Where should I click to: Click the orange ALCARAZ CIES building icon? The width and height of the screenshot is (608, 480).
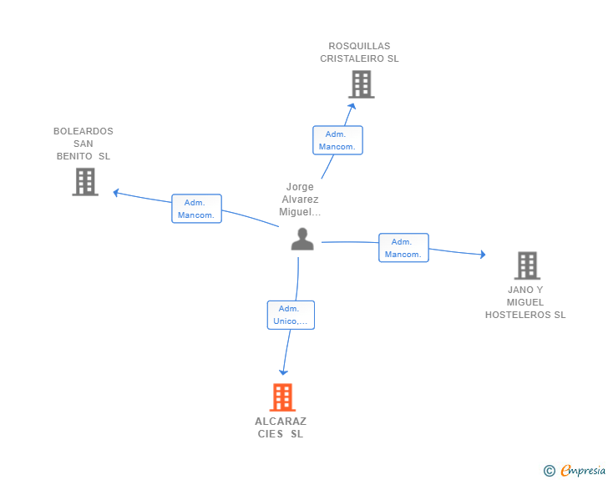[282, 397]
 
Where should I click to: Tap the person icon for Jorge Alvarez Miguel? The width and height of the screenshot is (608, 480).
[302, 239]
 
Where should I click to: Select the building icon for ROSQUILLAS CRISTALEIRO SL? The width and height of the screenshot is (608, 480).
[362, 84]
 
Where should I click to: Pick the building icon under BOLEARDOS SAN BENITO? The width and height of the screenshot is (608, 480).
[85, 182]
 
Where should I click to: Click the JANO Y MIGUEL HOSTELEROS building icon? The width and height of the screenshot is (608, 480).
[527, 265]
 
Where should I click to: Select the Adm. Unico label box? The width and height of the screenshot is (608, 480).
[291, 315]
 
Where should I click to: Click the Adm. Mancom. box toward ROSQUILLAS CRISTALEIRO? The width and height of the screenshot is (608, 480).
[337, 140]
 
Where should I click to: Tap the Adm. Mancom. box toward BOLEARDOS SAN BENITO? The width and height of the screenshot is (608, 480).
[196, 209]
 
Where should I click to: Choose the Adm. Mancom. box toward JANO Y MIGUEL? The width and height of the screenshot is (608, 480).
[403, 248]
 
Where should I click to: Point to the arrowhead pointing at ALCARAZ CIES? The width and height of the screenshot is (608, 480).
[283, 372]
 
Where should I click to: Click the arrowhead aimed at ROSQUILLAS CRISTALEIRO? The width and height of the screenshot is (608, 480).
[352, 105]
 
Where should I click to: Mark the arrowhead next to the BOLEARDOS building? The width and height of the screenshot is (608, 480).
[115, 192]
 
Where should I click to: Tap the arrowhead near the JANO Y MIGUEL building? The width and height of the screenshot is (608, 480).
[483, 255]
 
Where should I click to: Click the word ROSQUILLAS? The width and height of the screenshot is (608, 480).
[359, 46]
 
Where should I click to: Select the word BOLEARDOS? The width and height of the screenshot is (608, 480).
[84, 131]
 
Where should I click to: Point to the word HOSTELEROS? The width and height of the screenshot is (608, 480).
[518, 315]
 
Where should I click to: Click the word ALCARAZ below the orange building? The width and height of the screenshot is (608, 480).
[281, 421]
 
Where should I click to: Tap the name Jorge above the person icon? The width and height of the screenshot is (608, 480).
[300, 187]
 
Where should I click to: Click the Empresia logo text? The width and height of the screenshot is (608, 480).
[583, 471]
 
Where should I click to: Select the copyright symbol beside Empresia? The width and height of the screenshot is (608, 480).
[550, 471]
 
